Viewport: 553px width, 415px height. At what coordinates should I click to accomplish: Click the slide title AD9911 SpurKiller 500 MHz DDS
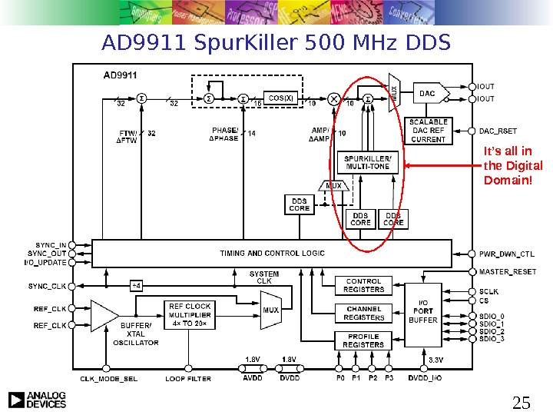point(276,45)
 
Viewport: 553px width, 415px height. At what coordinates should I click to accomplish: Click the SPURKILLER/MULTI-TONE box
point(368,162)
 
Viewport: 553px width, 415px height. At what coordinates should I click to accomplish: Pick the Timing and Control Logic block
point(272,253)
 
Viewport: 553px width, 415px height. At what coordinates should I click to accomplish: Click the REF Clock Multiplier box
point(189,314)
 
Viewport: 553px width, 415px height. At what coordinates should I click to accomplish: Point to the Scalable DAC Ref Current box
point(429,131)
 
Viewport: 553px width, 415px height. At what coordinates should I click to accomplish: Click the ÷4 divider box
point(137,286)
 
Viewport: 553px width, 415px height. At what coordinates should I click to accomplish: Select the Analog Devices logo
point(38,400)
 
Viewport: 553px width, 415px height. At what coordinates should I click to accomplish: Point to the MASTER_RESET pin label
point(508,271)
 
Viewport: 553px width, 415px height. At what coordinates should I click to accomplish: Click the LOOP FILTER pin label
point(188,379)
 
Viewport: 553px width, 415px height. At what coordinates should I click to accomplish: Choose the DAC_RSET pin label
point(498,131)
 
